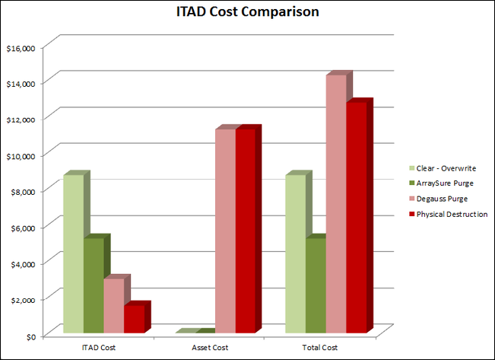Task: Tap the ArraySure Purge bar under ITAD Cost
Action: click(x=94, y=285)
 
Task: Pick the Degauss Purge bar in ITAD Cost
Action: click(x=113, y=305)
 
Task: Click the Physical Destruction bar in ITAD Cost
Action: click(x=134, y=318)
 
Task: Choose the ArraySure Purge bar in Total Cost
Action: click(x=316, y=285)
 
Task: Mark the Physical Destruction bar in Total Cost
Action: click(x=356, y=217)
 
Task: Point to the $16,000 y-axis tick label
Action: click(x=21, y=48)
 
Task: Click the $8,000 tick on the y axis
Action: click(x=22, y=192)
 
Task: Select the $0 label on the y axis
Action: click(x=29, y=336)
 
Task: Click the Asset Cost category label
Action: click(x=207, y=347)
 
